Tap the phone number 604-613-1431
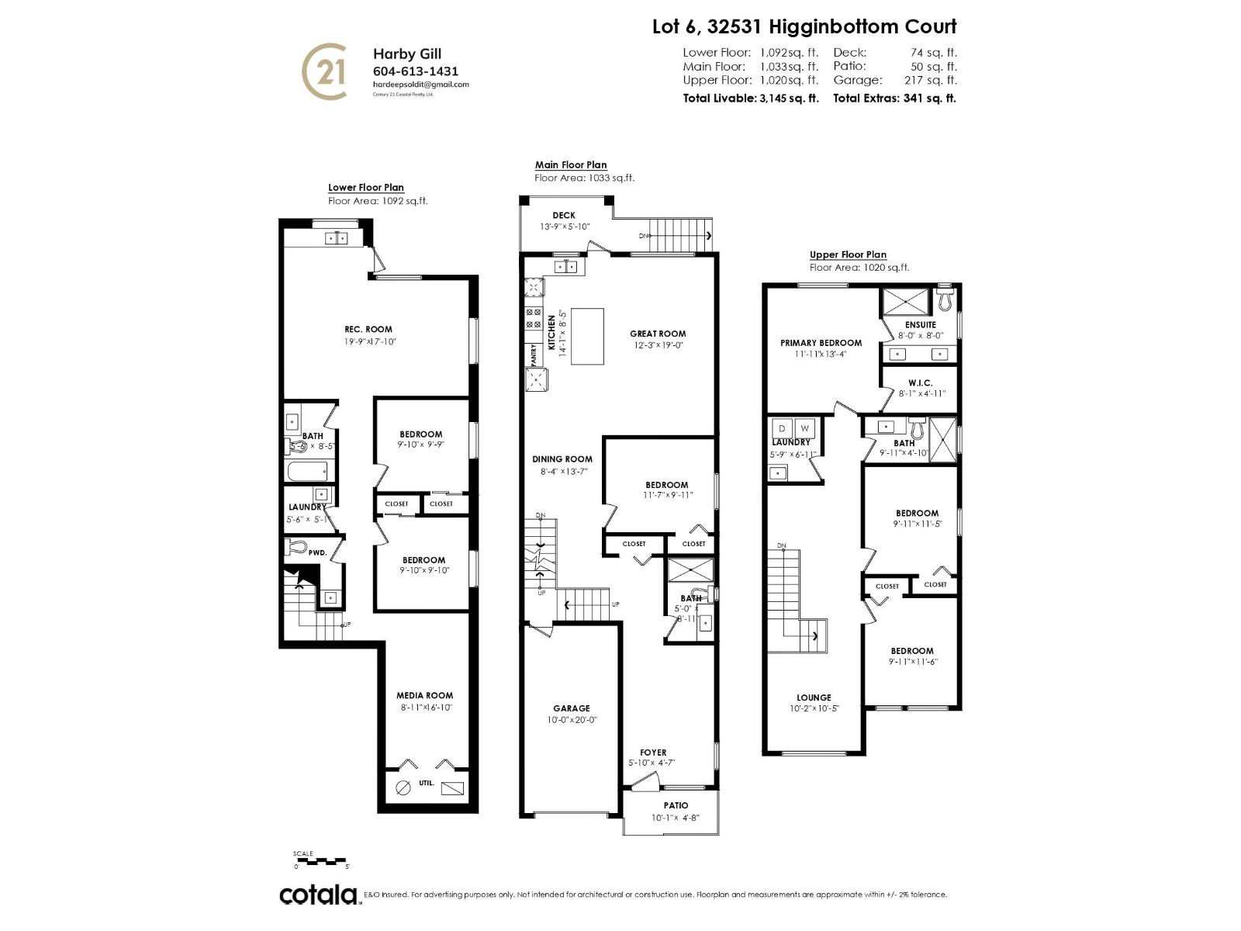coord(416,71)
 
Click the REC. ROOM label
coord(368,329)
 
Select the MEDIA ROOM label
coord(424,695)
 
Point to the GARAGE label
coord(572,708)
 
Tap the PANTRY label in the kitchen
coord(534,355)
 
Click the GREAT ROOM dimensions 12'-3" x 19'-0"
coord(658,345)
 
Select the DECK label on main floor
coord(564,216)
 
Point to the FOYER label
coord(653,753)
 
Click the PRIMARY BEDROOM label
coord(821,343)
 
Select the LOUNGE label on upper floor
coord(814,697)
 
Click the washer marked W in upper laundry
coord(805,428)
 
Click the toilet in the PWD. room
coord(296,547)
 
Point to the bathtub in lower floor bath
coord(308,470)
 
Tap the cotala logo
coord(319,895)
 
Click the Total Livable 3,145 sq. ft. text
coord(750,99)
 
